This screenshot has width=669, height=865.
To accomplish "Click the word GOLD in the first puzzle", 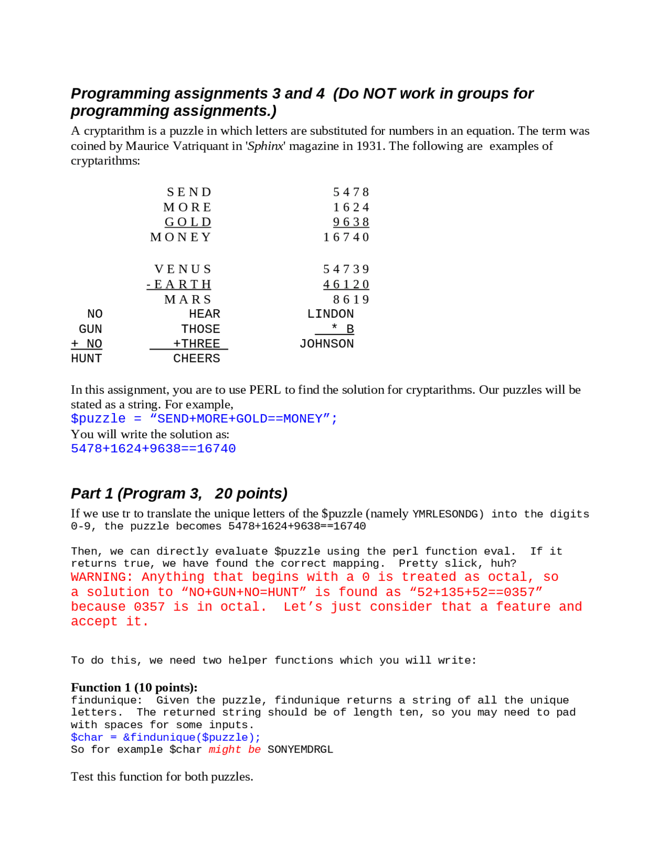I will click(188, 222).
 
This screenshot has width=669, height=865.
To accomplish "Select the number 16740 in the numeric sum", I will click(347, 237).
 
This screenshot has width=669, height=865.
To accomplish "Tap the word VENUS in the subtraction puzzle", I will click(183, 269).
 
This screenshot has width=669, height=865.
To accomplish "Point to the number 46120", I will click(347, 284).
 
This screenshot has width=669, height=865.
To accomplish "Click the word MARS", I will click(188, 299).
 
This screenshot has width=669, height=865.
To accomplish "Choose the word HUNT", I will click(86, 358).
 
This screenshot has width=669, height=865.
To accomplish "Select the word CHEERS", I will click(197, 358).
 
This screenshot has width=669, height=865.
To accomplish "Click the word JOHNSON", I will click(327, 344).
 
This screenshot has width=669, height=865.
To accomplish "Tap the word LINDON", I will click(330, 314).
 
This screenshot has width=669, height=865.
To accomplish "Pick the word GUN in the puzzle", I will click(90, 329).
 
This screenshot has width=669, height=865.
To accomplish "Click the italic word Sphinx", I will click(266, 146).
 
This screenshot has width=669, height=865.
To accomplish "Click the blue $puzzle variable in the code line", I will click(98, 419).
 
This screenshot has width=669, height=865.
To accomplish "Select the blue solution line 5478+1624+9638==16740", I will click(153, 449).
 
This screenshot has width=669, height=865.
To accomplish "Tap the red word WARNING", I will click(98, 577).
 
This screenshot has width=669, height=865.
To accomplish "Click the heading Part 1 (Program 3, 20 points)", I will click(179, 494).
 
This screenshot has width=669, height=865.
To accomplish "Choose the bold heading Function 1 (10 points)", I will click(134, 687).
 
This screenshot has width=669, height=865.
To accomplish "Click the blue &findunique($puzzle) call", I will click(191, 737).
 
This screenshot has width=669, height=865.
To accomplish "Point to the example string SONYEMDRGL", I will click(300, 750).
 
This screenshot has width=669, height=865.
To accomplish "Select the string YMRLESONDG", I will click(445, 514).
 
